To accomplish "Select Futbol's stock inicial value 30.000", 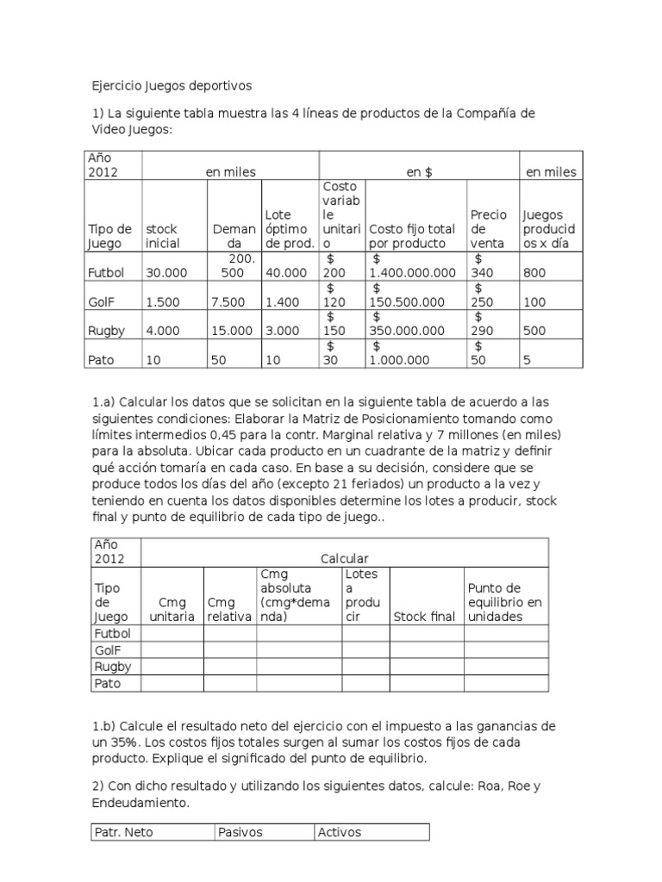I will click(x=166, y=272).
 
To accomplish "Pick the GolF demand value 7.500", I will click(x=228, y=301).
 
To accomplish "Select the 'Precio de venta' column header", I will click(x=488, y=228).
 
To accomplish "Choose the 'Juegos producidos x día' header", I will click(x=548, y=228).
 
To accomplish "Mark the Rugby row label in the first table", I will click(x=108, y=330).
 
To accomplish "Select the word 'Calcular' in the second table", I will click(x=345, y=558).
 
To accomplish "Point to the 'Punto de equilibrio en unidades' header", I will click(x=504, y=602).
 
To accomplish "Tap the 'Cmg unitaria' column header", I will click(x=172, y=610).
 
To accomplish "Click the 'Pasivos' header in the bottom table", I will click(x=240, y=832).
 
